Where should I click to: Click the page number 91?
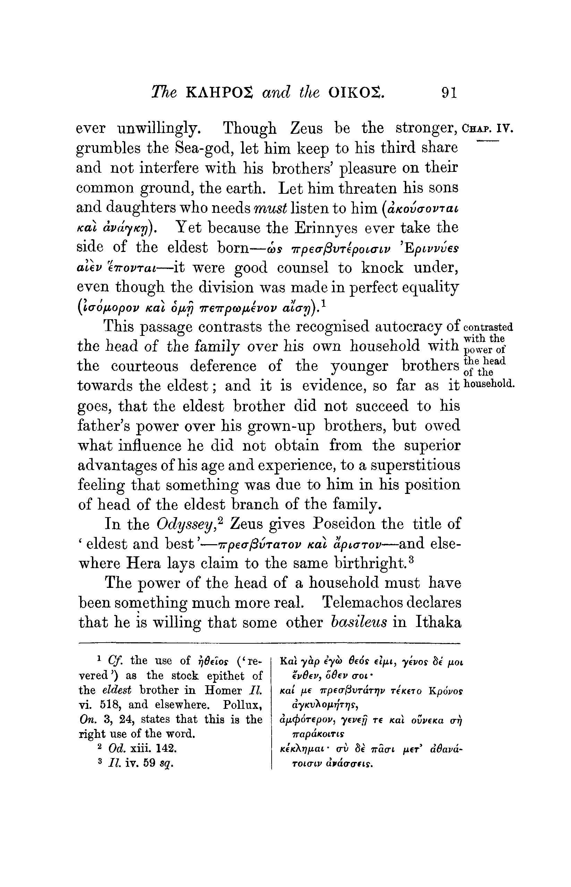tap(449, 92)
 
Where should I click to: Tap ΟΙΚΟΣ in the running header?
tap(356, 93)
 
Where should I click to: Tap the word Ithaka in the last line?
tap(438, 623)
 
